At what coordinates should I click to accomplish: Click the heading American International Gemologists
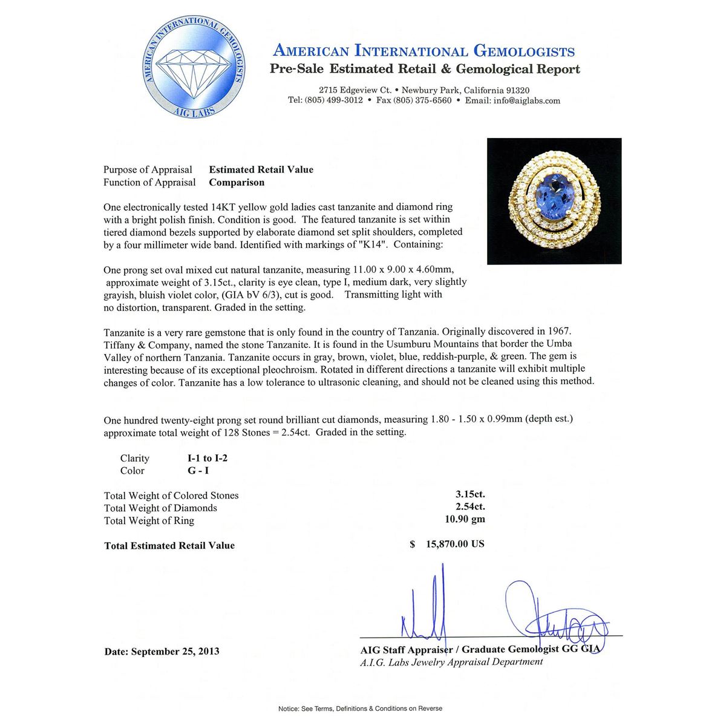pyautogui.click(x=423, y=51)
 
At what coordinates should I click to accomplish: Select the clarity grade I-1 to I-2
pyautogui.click(x=208, y=458)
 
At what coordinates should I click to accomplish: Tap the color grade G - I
pyautogui.click(x=198, y=471)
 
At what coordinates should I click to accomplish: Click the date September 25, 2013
pyautogui.click(x=162, y=652)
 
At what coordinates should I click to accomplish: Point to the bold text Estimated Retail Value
pyautogui.click(x=261, y=169)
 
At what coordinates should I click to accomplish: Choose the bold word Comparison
pyautogui.click(x=237, y=182)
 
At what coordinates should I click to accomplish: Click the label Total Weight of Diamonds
pyautogui.click(x=160, y=508)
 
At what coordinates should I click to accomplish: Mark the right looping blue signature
pyautogui.click(x=551, y=617)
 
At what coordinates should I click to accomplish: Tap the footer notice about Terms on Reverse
pyautogui.click(x=360, y=708)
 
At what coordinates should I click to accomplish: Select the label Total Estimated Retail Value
pyautogui.click(x=169, y=546)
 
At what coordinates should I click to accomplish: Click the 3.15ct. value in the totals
pyautogui.click(x=470, y=494)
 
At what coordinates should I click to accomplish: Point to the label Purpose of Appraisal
pyautogui.click(x=148, y=169)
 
